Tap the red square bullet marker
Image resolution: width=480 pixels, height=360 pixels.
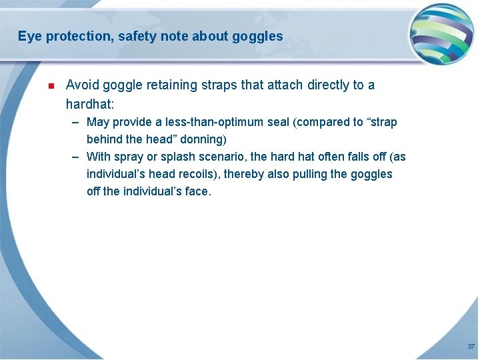point(50,86)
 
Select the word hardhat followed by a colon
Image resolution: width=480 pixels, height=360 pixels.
point(91,105)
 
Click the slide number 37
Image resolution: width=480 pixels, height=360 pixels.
point(471,347)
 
